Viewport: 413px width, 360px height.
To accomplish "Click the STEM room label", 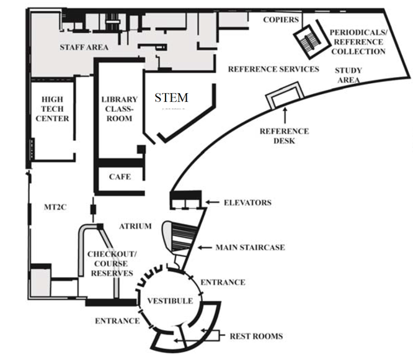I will point(171,97).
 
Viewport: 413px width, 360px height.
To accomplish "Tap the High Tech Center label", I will point(55,109).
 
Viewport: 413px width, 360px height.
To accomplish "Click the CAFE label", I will point(119,177).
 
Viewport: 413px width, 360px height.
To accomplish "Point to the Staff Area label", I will point(84,47).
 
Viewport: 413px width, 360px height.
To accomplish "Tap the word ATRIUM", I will point(135,227).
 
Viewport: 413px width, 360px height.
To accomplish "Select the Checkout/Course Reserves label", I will point(111,264).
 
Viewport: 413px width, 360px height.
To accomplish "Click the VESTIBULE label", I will point(169,301).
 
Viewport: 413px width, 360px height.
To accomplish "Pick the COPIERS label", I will point(281,19).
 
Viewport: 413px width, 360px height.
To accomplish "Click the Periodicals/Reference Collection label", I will point(358,42).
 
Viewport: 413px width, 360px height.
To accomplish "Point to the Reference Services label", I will point(273,69).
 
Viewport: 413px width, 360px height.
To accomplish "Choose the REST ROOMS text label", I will point(256,336).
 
